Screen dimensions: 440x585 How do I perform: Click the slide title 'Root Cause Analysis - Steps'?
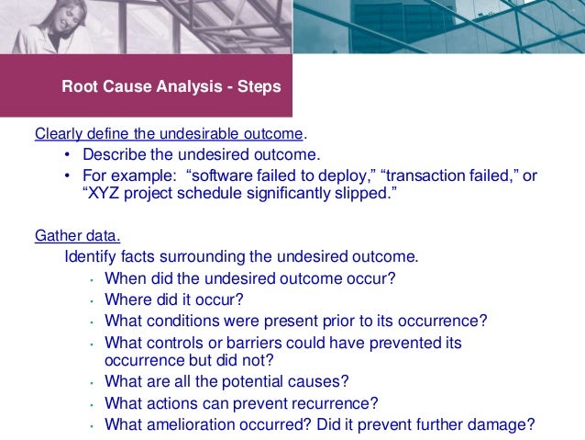pyautogui.click(x=171, y=87)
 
